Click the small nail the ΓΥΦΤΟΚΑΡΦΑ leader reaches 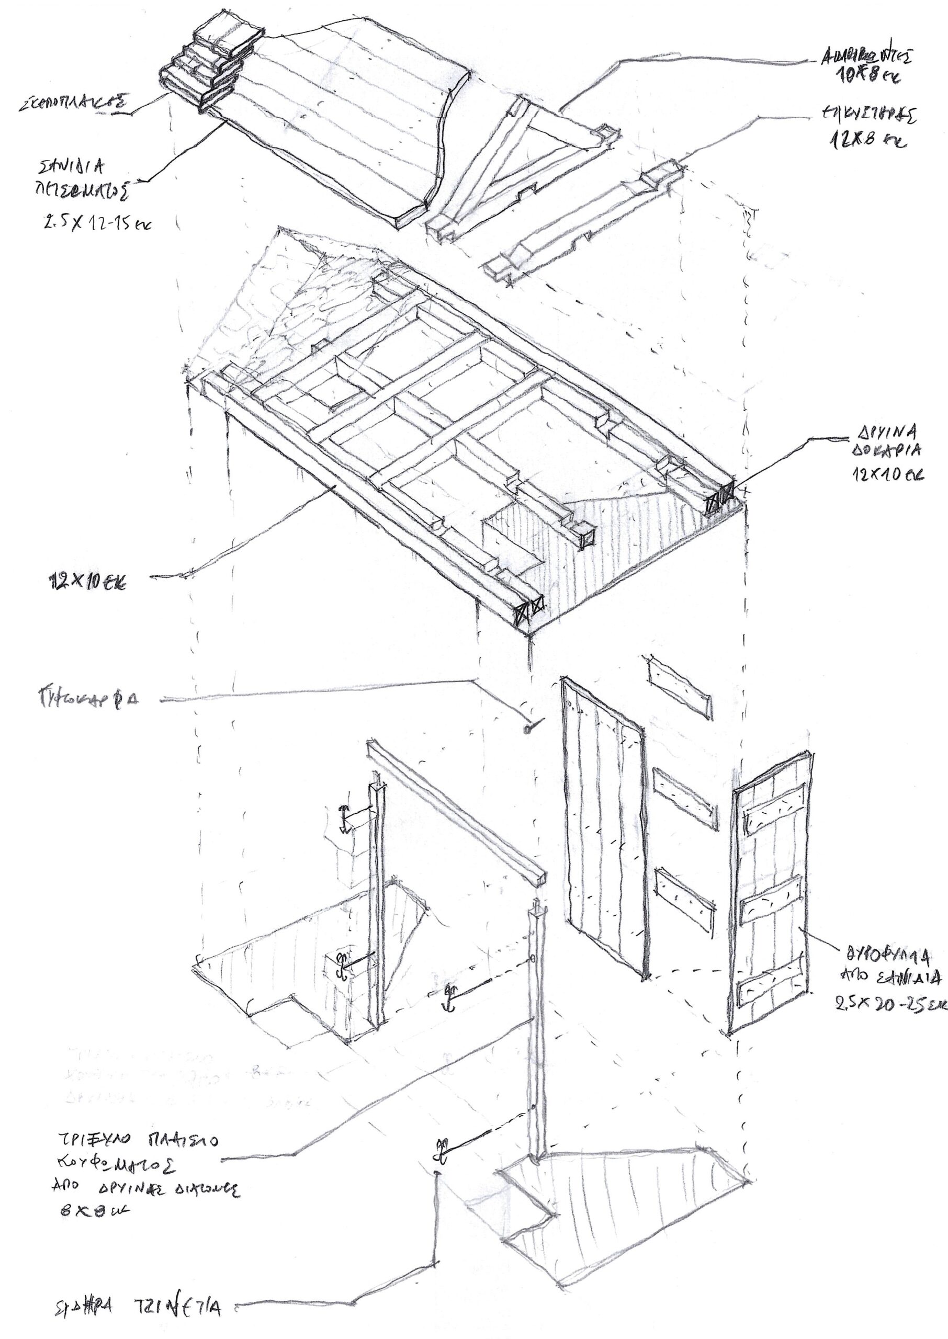(x=530, y=728)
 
